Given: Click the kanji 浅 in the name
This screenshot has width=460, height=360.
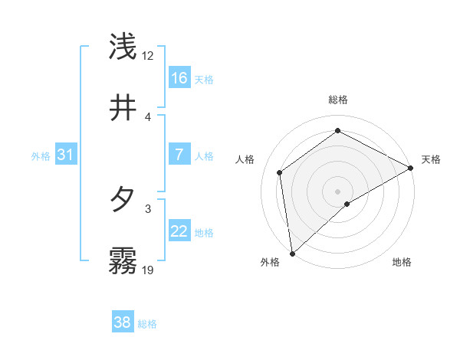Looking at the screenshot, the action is tap(123, 47).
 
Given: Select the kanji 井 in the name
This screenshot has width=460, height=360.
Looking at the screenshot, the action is tap(123, 108).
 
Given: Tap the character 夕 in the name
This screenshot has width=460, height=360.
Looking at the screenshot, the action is tap(123, 200).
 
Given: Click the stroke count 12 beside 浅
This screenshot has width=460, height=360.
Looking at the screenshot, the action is tap(148, 55).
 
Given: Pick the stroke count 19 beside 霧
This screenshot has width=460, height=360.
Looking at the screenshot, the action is tap(148, 270).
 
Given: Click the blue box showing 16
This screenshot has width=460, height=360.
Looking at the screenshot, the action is tap(179, 78).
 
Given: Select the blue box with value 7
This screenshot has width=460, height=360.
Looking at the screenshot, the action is tap(179, 155).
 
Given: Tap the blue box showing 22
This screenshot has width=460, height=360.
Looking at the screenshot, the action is tap(179, 231).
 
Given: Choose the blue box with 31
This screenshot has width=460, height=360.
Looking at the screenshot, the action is tap(66, 155).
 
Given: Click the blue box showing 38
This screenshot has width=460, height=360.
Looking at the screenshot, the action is tap(123, 322).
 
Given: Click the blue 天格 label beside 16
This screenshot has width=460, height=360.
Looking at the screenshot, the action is tap(204, 80).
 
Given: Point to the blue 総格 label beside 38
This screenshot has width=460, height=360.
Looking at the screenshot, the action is tap(147, 324).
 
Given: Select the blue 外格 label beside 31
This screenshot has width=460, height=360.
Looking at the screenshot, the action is tap(41, 156).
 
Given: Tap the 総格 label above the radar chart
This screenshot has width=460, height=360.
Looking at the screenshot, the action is tap(338, 100).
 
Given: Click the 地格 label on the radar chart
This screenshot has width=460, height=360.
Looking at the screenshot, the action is tap(402, 262).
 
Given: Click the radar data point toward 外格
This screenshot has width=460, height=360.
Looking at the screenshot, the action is tap(292, 254).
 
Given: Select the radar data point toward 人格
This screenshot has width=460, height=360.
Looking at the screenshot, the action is tap(280, 172).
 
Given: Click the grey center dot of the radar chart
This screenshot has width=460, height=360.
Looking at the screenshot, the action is tap(338, 191).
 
